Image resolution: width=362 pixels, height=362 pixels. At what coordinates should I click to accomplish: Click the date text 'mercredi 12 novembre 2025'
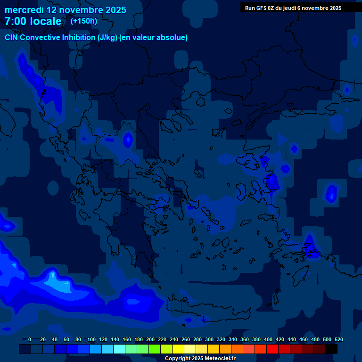66,10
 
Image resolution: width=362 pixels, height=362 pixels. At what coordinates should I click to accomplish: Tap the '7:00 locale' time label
33,21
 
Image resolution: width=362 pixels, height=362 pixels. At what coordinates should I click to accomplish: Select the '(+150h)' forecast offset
84,21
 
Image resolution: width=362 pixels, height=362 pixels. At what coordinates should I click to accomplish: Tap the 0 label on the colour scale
30,339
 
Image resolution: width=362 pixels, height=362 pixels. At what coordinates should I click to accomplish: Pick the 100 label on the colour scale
91,339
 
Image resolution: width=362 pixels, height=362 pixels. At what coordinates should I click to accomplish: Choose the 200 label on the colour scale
150,339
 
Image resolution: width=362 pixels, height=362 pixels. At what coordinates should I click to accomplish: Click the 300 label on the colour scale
209,339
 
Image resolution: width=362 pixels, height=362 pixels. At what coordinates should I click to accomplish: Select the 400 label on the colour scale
268,339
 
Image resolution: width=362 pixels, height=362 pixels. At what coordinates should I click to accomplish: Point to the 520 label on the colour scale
338,339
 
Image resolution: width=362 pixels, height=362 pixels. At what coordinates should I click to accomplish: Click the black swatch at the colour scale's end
331,349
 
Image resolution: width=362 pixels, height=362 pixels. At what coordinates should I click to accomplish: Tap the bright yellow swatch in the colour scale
178,349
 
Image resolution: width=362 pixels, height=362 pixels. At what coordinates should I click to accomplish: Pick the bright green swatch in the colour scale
155,349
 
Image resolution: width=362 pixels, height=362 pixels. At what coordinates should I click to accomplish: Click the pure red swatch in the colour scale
272,349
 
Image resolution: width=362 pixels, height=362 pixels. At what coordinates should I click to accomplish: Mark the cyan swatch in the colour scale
119,349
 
